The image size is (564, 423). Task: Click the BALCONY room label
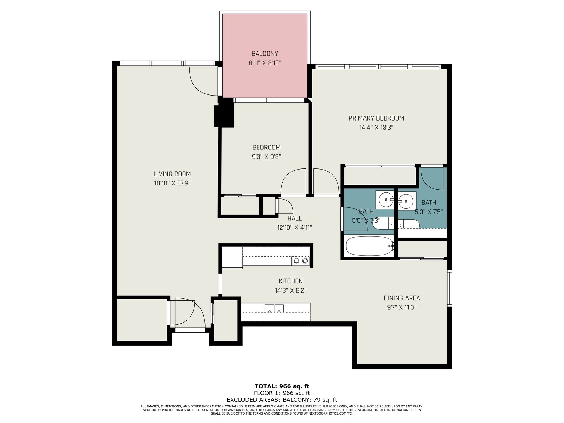pyautogui.click(x=265, y=54)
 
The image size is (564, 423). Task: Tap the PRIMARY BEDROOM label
pyautogui.click(x=376, y=118)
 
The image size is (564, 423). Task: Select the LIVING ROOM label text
pyautogui.click(x=172, y=174)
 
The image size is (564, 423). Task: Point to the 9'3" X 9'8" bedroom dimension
pyautogui.click(x=266, y=157)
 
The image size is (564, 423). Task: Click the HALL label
pyautogui.click(x=294, y=218)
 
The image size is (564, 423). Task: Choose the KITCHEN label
pyautogui.click(x=290, y=281)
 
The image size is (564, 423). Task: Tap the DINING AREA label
pyautogui.click(x=402, y=298)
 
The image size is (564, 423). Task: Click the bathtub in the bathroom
pyautogui.click(x=369, y=246)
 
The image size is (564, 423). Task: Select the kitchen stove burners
pyautogui.click(x=301, y=261)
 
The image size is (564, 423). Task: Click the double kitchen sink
pyautogui.click(x=274, y=308)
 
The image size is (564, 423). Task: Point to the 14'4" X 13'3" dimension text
pyautogui.click(x=376, y=128)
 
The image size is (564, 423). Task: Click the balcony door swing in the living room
pyautogui.click(x=203, y=81)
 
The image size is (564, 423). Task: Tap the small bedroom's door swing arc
pyautogui.click(x=293, y=181)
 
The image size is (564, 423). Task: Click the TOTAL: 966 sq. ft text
pyautogui.click(x=282, y=386)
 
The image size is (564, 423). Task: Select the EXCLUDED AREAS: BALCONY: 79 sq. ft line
pyautogui.click(x=282, y=400)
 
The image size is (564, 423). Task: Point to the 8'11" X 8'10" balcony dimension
pyautogui.click(x=265, y=63)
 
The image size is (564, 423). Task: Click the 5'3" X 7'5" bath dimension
pyautogui.click(x=429, y=212)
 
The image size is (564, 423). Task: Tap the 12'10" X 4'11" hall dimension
pyautogui.click(x=294, y=228)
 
